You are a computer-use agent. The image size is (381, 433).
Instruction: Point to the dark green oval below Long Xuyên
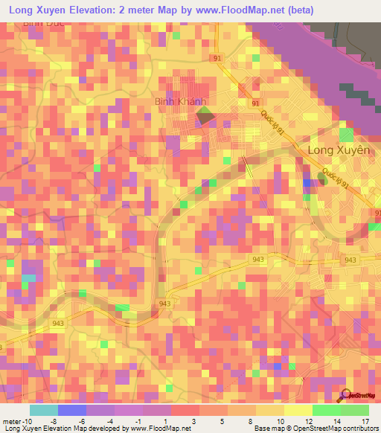[x=322, y=177]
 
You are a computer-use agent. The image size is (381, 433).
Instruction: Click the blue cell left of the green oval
[x=307, y=182]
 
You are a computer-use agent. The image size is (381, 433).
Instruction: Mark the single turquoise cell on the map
[x=28, y=278]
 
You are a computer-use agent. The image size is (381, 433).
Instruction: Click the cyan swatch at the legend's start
[x=44, y=411]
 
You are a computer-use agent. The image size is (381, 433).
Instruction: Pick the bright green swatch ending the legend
[x=355, y=411]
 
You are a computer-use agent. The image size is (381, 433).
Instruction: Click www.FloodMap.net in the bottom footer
[x=161, y=429]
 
